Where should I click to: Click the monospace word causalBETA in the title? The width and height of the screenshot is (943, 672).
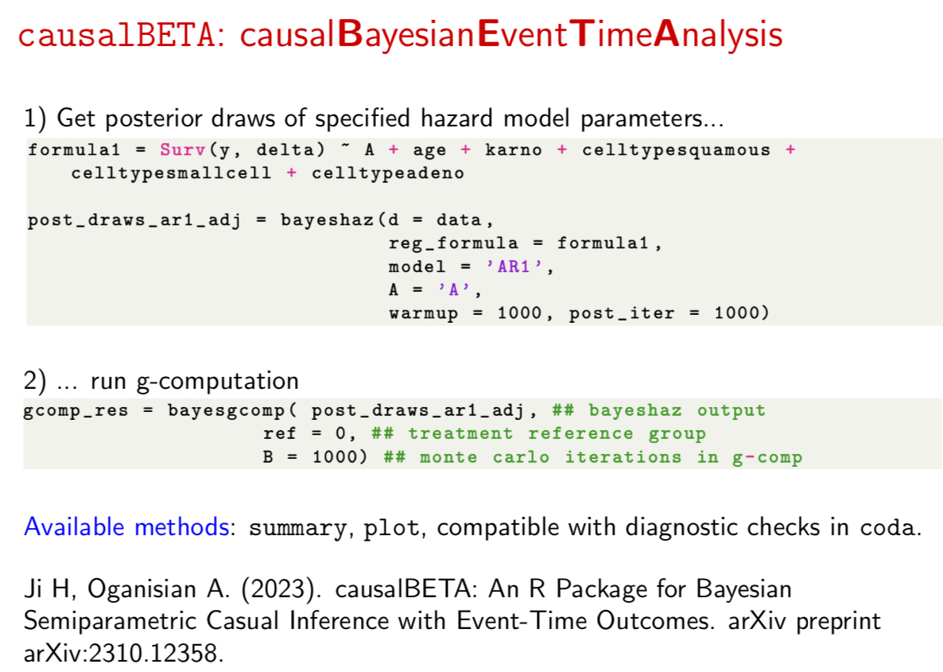(x=116, y=35)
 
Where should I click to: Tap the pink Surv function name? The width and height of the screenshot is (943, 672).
(x=184, y=150)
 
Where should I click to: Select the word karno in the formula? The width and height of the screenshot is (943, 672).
(x=514, y=150)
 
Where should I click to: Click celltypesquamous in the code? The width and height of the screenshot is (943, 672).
(x=676, y=150)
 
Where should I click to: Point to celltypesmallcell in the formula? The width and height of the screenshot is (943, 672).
(x=171, y=173)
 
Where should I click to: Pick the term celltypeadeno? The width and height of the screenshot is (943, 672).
(x=388, y=173)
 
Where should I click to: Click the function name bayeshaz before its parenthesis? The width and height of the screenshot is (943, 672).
(x=327, y=220)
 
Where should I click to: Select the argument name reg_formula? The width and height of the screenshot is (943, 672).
(x=453, y=243)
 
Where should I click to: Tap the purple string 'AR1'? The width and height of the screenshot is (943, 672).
(x=514, y=266)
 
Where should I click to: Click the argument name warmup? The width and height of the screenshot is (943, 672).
(x=423, y=313)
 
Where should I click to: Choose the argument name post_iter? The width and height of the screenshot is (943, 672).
(x=622, y=313)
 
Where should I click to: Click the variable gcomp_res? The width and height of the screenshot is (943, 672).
(x=76, y=411)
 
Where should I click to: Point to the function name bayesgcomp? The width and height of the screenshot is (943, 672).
(x=226, y=411)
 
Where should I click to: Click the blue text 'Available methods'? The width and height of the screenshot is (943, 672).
(x=126, y=527)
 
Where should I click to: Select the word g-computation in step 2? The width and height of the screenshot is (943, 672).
(x=217, y=382)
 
